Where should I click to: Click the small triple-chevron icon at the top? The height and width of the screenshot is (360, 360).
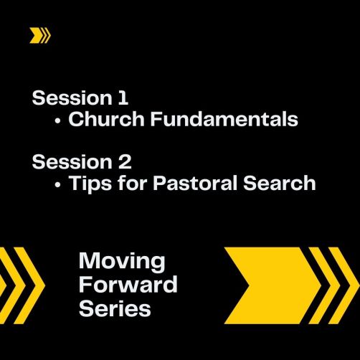coord(40,35)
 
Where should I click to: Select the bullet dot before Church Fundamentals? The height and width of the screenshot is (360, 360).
coord(57,121)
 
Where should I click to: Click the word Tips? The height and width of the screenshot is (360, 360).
coord(90,184)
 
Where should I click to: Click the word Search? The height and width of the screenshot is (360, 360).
coord(280,183)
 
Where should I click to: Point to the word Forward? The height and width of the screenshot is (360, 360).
coord(128,285)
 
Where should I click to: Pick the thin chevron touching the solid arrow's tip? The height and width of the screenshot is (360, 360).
coord(319,285)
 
